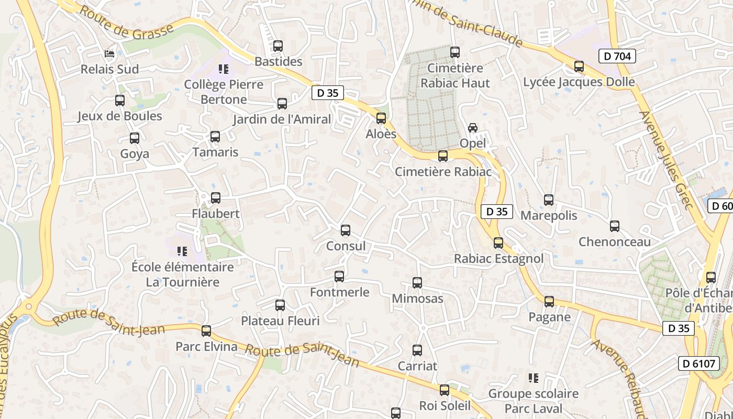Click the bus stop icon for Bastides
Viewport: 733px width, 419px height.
point(278,46)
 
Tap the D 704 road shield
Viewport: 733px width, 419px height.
point(617,56)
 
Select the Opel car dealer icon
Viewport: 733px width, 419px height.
point(473,127)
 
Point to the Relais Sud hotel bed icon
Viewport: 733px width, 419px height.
point(109,53)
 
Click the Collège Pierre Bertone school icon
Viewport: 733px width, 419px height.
point(224,69)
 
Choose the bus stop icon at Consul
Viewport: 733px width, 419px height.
point(346,230)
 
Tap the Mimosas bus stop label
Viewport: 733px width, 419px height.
point(417,299)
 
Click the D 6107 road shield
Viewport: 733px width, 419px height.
point(698,363)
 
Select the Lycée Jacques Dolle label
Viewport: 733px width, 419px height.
point(579,82)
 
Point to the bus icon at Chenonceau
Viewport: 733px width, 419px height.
point(615,226)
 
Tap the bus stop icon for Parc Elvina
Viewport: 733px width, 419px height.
point(206,330)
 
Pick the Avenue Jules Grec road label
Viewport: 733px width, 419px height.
point(666,160)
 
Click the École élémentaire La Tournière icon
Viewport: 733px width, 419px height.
point(182,251)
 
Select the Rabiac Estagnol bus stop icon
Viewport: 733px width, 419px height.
point(498,242)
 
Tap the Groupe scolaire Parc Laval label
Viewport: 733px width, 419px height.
point(533,401)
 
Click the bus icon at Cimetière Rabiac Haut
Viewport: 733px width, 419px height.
point(455,52)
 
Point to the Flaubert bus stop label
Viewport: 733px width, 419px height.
point(216,214)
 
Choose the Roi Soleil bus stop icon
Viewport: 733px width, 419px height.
point(445,390)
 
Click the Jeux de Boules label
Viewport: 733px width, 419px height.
point(120,116)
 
